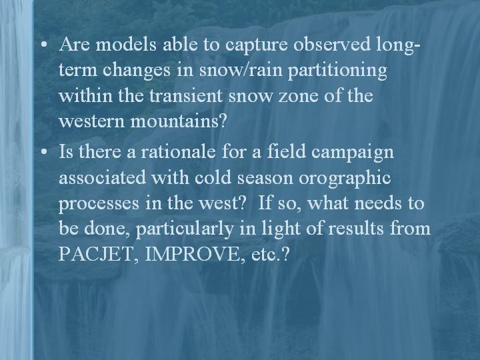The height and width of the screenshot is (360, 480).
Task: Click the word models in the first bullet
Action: tap(126, 44)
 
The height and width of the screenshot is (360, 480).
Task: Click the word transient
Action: tap(185, 95)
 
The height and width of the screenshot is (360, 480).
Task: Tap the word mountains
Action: tap(179, 121)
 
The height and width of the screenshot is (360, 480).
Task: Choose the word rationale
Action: tap(178, 151)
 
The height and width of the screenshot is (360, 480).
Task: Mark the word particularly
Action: tap(185, 229)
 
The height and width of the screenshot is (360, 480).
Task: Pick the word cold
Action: tap(213, 177)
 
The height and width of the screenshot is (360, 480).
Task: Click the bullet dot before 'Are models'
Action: tap(44, 45)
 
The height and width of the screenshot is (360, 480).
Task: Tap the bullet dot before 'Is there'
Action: tap(44, 151)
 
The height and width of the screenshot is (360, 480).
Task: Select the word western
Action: tap(91, 121)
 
